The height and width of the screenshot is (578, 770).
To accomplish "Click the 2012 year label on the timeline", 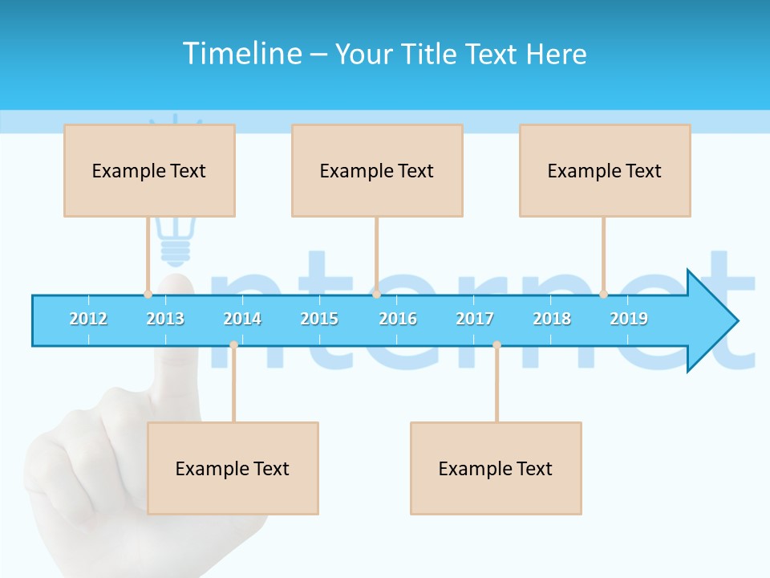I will point(88,319).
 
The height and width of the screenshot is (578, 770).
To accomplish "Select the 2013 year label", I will point(165,319).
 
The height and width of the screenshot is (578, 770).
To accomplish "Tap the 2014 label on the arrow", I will point(242,319).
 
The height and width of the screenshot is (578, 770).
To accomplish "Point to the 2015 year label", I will point(319,319).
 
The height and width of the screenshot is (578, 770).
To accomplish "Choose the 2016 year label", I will point(398,319).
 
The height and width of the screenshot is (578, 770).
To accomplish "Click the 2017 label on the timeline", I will point(475,319).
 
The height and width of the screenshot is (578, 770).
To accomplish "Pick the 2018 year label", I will point(552,319).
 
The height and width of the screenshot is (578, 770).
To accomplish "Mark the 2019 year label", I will point(629,319).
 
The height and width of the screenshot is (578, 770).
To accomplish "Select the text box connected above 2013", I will point(149,170).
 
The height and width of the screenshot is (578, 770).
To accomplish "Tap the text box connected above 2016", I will point(377,170).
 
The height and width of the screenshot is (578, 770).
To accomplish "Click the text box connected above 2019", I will point(605,170).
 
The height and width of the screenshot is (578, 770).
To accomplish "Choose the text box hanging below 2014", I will point(233,468).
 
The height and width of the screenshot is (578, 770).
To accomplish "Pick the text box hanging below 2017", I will point(496,468).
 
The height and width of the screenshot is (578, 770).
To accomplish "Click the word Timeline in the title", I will point(240,54).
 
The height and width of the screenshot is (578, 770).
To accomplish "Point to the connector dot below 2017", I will point(496,345).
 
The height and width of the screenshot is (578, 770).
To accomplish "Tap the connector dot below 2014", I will point(233,345).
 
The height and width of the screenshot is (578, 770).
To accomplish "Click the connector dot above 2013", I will point(148,294).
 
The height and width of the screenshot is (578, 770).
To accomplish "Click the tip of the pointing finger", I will point(177,283).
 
